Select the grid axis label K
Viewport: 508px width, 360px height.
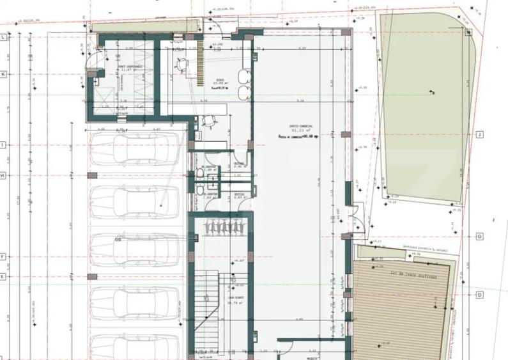(4, 74)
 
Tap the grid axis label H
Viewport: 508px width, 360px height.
(4, 175)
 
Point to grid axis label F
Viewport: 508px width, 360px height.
(4, 256)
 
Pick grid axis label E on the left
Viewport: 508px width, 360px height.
(4, 277)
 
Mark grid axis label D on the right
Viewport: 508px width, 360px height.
(478, 295)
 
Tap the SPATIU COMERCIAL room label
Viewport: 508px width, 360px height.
(291, 127)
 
